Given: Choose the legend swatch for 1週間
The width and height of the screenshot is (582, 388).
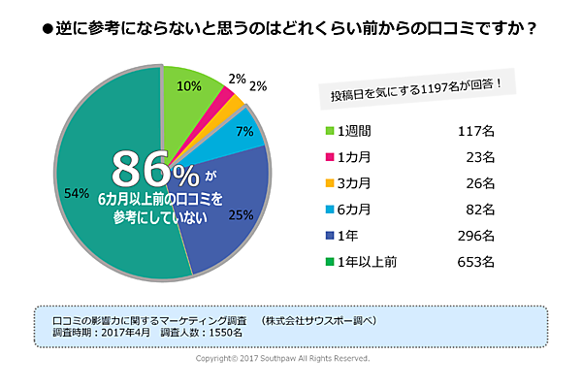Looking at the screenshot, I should point(328,130).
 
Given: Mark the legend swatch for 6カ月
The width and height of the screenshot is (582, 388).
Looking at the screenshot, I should point(328,208).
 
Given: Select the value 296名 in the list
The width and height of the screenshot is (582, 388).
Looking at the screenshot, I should point(476,234).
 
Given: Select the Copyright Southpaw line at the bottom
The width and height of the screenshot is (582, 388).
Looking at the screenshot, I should point(282,358).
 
